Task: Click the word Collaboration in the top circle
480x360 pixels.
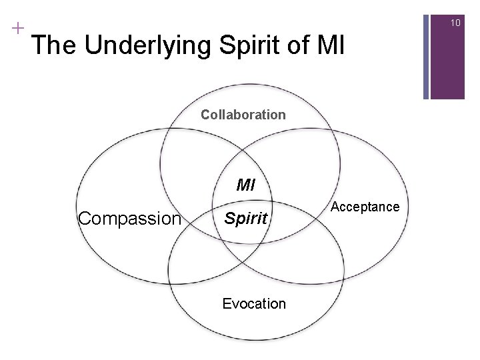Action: click(243, 115)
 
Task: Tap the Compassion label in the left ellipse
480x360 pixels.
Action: click(129, 218)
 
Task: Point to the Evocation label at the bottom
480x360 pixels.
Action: click(254, 304)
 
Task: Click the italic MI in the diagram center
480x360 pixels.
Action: click(246, 185)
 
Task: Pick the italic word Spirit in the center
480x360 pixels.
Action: click(247, 218)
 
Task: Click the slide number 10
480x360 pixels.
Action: click(455, 23)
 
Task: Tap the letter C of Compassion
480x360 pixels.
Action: click(84, 218)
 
